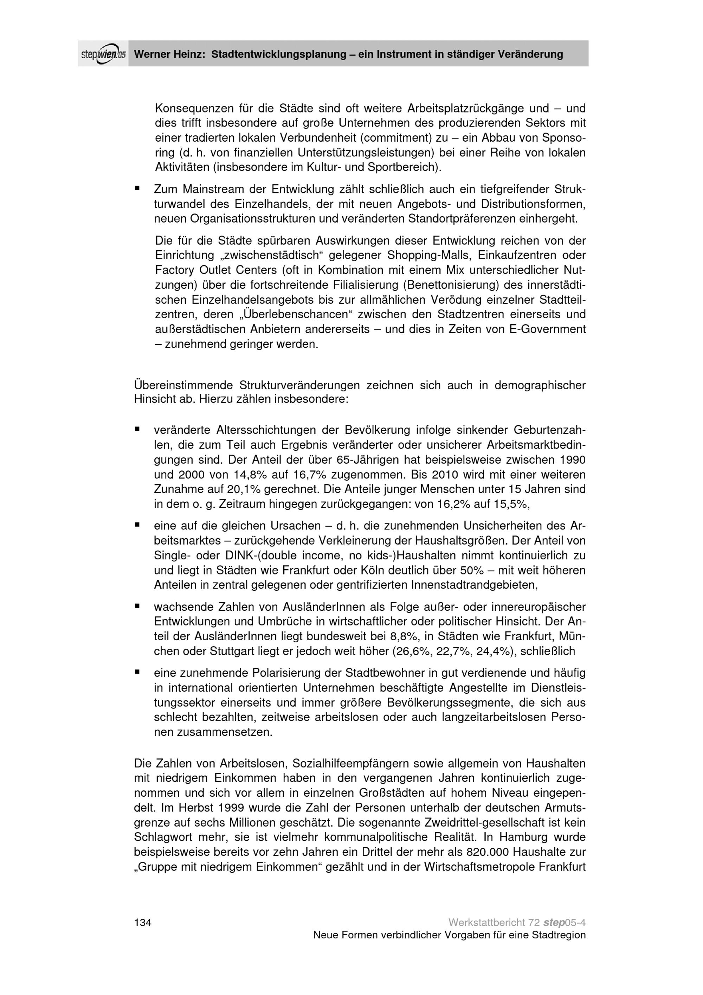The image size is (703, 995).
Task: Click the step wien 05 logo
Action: [103, 54]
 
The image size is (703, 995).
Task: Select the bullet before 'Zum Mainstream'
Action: [137, 188]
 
